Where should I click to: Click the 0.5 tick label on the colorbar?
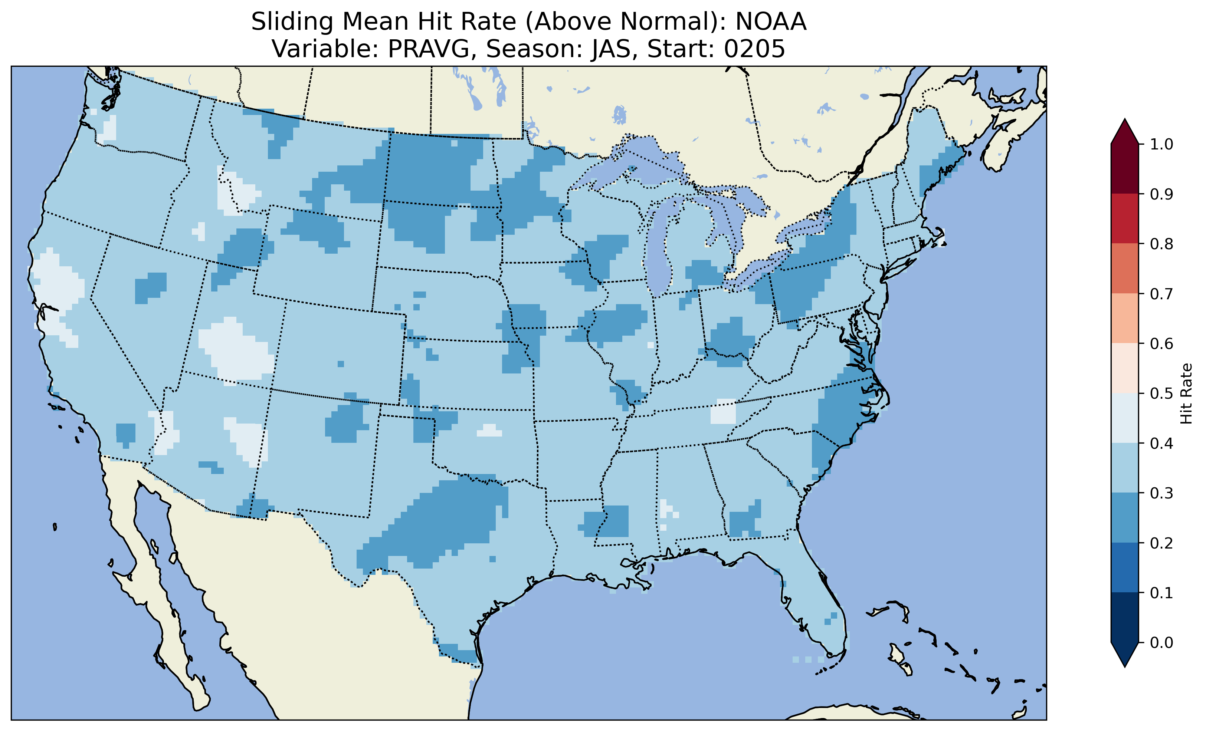[x=1161, y=394]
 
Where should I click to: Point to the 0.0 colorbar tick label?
[x=1161, y=642]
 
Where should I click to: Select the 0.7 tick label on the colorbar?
[x=1161, y=294]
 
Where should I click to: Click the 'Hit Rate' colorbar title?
[x=1186, y=394]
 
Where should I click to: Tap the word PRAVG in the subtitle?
[x=428, y=49]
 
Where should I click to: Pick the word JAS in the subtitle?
[x=614, y=49]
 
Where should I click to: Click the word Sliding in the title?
[x=292, y=22]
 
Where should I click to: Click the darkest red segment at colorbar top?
[x=1125, y=169]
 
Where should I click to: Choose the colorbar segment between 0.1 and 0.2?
[x=1125, y=567]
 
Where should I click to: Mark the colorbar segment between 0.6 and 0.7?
[x=1125, y=319]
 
